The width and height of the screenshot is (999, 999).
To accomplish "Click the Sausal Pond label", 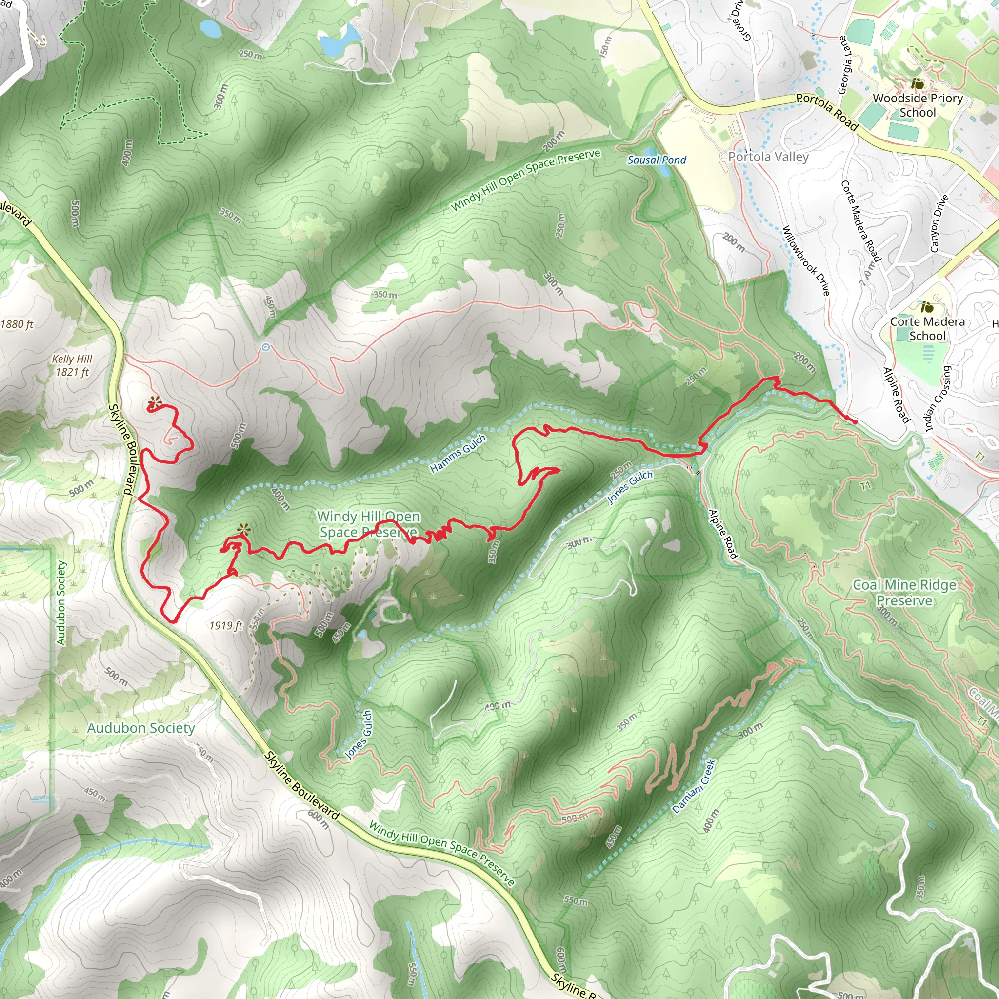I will pos(656,160).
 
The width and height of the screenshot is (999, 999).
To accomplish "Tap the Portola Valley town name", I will pos(768,157).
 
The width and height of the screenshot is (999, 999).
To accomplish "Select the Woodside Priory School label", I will pos(918,105).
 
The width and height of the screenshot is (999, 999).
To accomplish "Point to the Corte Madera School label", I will pos(927,328).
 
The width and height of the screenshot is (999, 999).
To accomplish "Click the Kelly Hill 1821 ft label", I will pos(72,365).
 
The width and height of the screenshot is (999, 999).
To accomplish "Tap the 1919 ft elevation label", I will pos(226,626).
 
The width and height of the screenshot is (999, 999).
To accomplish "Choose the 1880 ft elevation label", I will pos(17,324).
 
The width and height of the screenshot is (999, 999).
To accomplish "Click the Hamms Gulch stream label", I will pos(458,454).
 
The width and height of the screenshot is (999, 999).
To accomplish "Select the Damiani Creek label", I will pos(694,786).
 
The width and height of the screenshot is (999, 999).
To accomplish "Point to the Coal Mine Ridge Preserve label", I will pos(904,593).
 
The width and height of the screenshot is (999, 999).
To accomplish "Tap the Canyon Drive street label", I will pos(939,223).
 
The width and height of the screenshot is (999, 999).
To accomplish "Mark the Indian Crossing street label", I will pos(937,399).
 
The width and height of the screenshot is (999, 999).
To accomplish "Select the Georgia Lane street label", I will pos(844,65).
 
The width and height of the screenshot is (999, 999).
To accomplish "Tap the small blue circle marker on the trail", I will pos(266,347).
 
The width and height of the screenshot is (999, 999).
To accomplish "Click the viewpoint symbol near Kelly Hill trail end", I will pos(154,402).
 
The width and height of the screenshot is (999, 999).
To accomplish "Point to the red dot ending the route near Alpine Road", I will pos(855,422).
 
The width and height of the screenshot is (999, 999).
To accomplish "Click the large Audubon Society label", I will pos(140,728).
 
